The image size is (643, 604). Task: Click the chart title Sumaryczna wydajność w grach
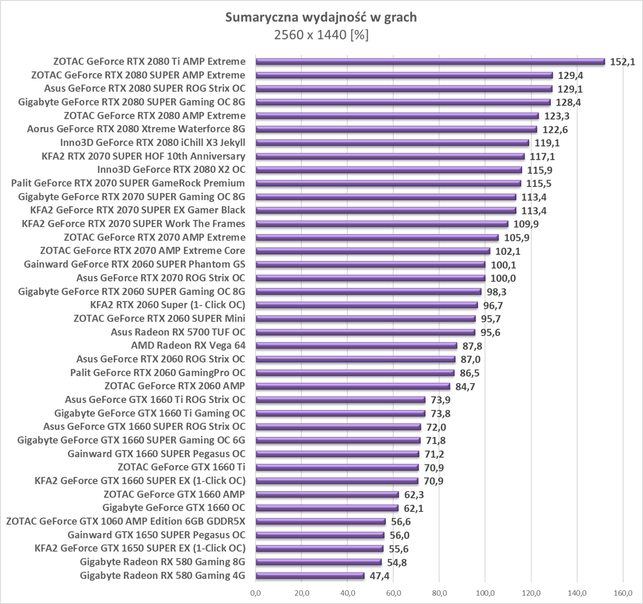[x=321, y=17]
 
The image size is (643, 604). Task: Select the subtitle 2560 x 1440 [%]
[x=321, y=35]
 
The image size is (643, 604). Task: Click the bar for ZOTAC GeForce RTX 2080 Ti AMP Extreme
[x=430, y=62]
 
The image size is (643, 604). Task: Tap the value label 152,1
[x=622, y=62]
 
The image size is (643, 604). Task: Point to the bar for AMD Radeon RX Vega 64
[x=356, y=346]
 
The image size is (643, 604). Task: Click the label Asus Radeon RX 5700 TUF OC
[x=178, y=332]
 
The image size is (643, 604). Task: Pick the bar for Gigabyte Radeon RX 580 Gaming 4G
[x=310, y=576]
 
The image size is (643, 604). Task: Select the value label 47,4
[x=379, y=576]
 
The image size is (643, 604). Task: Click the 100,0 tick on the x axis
[x=485, y=593]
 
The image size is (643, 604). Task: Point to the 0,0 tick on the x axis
[x=255, y=593]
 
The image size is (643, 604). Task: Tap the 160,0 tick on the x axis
[x=623, y=593]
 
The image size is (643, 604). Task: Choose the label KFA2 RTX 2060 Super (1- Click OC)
[x=168, y=305]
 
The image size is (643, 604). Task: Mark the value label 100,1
[x=503, y=265]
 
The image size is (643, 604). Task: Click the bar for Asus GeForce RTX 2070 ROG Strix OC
[x=370, y=278]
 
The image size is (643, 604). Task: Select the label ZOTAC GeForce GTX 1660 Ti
[x=181, y=467]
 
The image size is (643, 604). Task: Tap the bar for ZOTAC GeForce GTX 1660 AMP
[x=327, y=494]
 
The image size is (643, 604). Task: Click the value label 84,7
[x=465, y=386]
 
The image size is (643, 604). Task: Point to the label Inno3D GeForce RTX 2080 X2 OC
[x=171, y=169]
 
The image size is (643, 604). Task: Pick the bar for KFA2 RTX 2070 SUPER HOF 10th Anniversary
[x=390, y=157]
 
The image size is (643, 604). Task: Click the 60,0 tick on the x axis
[x=393, y=593]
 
